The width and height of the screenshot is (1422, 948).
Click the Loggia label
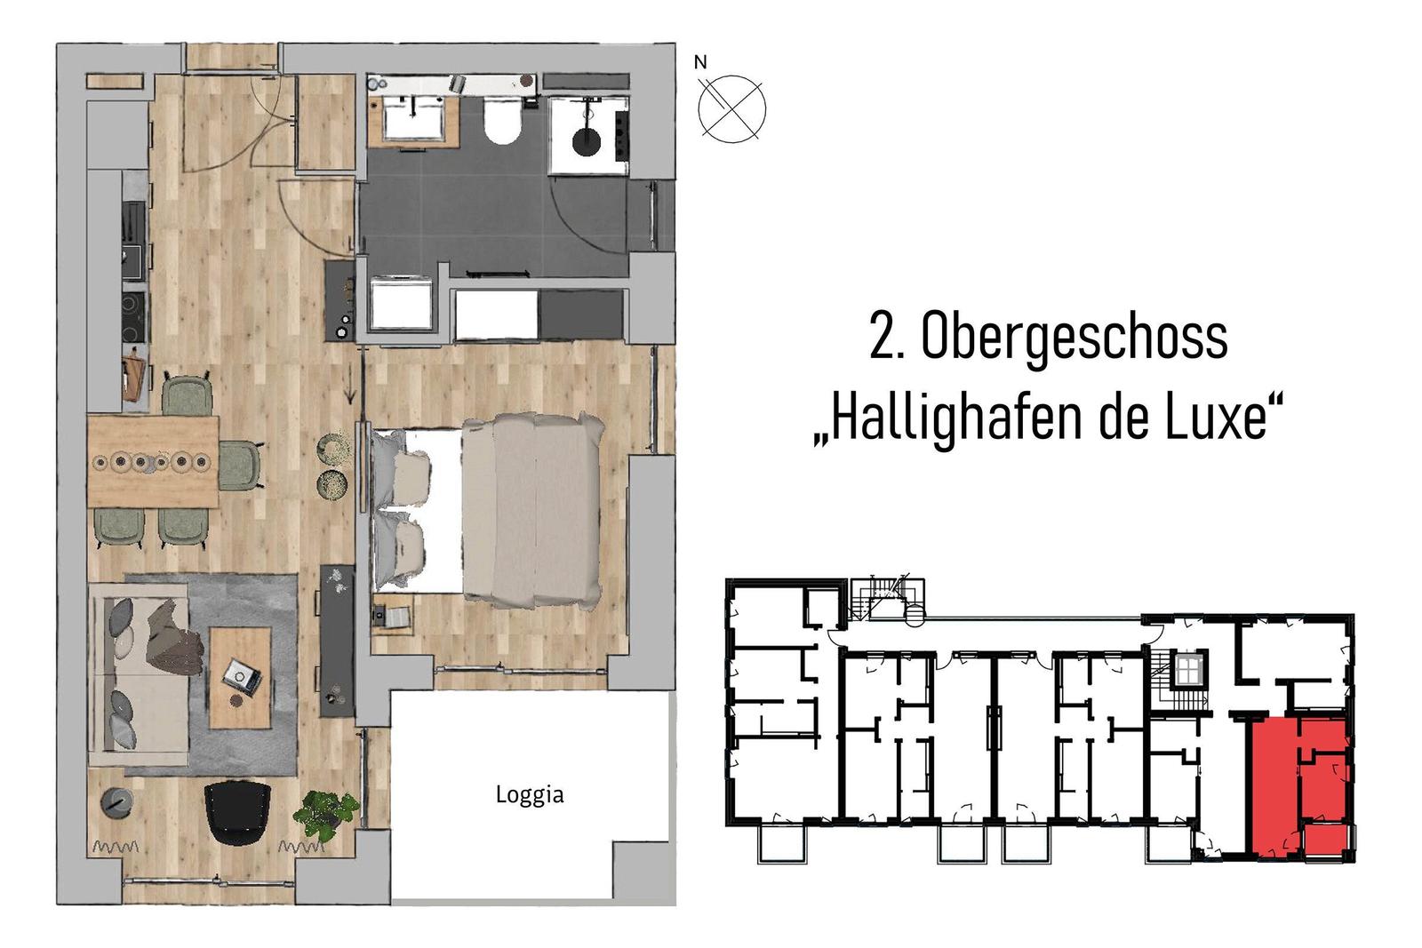coord(529,794)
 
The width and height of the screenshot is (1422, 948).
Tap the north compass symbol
coord(731,109)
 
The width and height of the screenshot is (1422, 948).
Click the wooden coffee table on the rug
coord(239,677)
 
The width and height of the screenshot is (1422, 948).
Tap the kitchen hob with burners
coord(133,317)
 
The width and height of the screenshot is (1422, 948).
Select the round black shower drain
coord(586,140)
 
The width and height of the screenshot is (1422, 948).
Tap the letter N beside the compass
coord(700,63)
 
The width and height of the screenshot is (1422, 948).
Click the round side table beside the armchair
coord(115,802)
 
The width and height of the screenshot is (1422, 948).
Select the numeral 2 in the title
coord(882,337)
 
